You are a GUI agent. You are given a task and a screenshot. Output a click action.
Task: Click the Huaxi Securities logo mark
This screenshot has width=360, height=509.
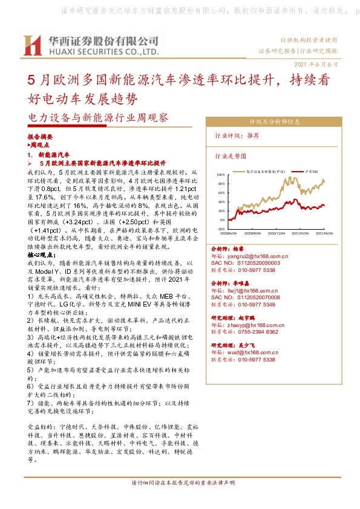(x=31, y=44)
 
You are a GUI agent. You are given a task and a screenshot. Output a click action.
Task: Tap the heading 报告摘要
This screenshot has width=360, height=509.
(x=41, y=138)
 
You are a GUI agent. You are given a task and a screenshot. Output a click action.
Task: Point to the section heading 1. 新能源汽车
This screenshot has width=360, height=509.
(x=53, y=155)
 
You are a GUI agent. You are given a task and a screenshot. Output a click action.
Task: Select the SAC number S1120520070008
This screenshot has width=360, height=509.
(x=245, y=297)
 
